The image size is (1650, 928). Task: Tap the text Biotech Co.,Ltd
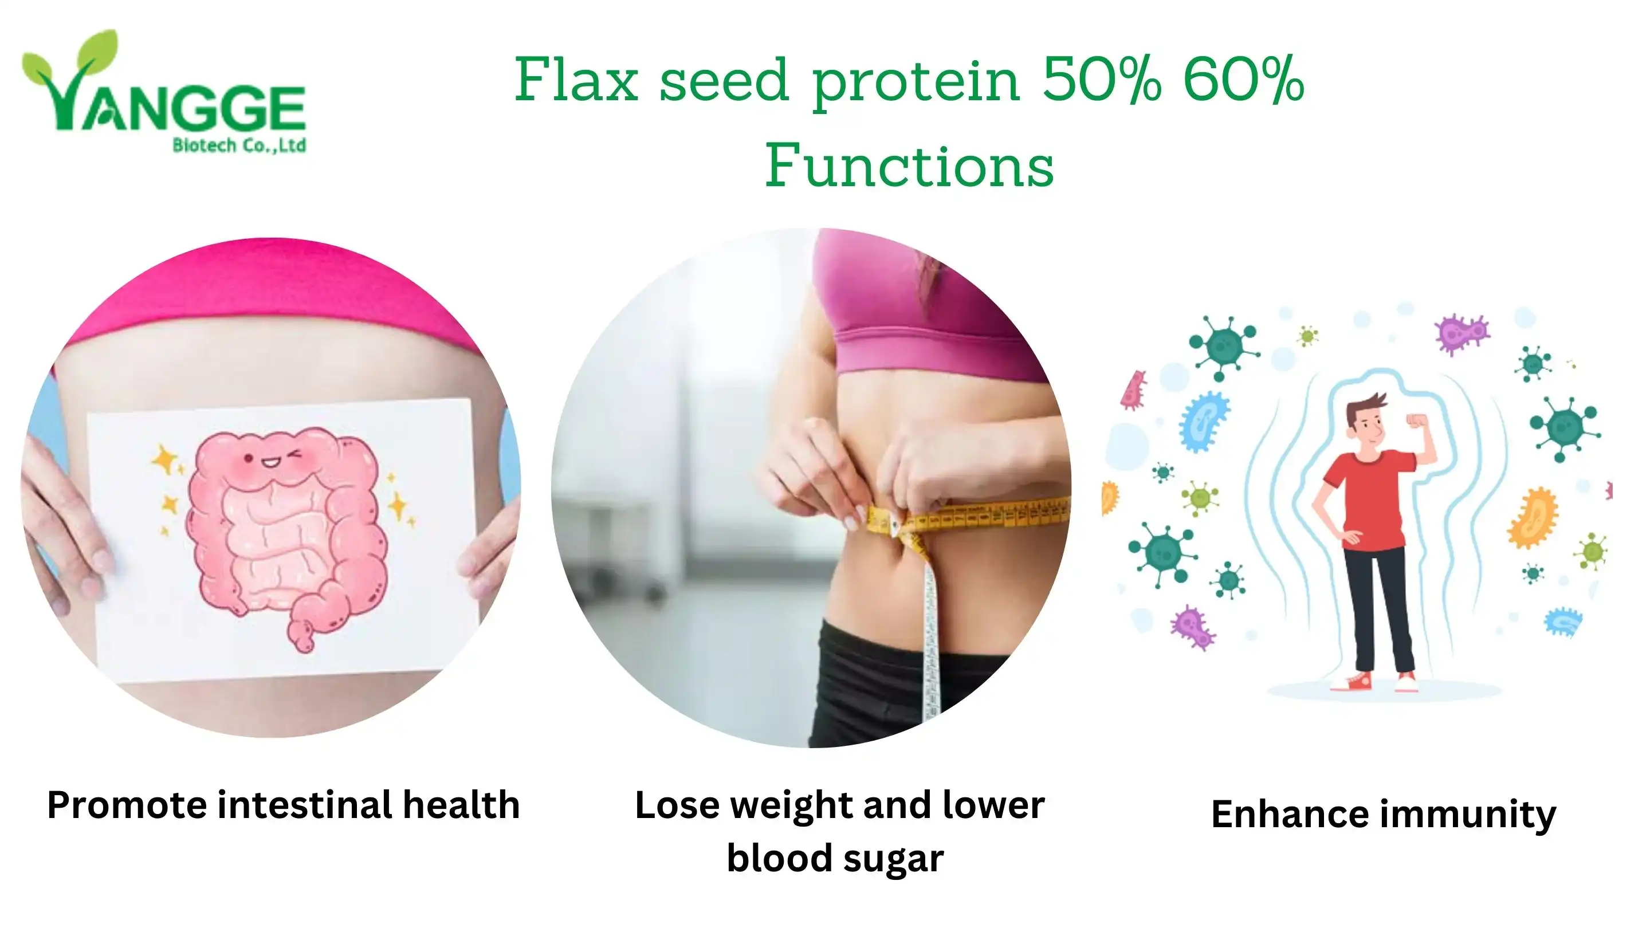click(x=239, y=146)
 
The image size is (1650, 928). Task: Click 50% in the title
click(x=1101, y=80)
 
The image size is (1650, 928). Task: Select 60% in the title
click(x=1243, y=80)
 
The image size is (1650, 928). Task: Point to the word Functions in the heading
click(x=910, y=165)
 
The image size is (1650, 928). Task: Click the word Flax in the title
click(x=576, y=80)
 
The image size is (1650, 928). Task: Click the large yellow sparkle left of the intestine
click(x=165, y=461)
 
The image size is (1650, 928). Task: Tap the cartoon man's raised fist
click(x=1416, y=421)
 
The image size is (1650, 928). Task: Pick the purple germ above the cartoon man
click(x=1461, y=333)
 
